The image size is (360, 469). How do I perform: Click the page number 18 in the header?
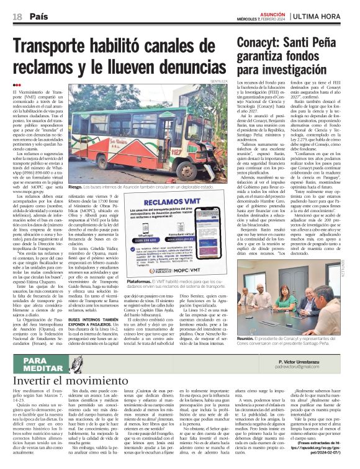tap(17, 16)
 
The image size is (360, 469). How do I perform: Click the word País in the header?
tap(39, 16)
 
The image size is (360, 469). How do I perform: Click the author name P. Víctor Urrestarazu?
tap(317, 360)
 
